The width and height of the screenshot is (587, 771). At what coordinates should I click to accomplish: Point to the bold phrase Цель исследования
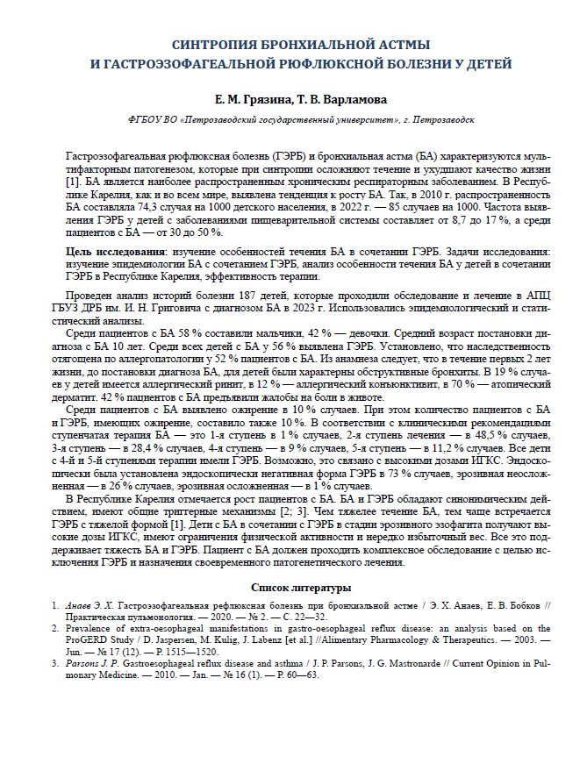click(116, 251)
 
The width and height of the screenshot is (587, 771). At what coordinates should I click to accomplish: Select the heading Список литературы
click(301, 587)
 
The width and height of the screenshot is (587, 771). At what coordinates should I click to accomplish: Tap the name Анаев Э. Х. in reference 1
click(89, 606)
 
